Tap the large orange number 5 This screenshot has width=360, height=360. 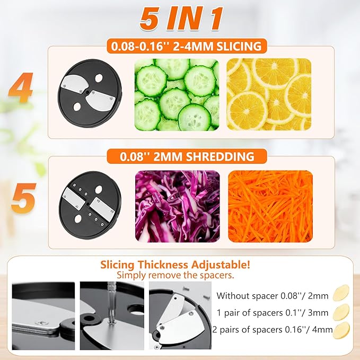(23, 198)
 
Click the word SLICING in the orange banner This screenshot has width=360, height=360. (239, 46)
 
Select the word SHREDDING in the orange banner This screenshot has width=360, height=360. (219, 156)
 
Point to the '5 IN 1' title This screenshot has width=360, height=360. (181, 19)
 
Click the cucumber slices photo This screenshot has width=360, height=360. (177, 94)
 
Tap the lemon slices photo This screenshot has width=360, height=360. (269, 94)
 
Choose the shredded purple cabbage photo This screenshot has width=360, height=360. (178, 206)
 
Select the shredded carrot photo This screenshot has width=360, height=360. (270, 206)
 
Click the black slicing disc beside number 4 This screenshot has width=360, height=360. (90, 93)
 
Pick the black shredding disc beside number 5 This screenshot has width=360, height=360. (90, 205)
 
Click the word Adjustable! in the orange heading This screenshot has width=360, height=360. (221, 265)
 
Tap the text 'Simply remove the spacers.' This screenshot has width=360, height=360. (175, 275)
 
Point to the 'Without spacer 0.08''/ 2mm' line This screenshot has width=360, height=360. (273, 296)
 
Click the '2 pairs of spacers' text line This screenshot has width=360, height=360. (273, 330)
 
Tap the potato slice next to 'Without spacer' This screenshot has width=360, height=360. (341, 293)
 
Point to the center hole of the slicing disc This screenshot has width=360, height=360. (87, 92)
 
